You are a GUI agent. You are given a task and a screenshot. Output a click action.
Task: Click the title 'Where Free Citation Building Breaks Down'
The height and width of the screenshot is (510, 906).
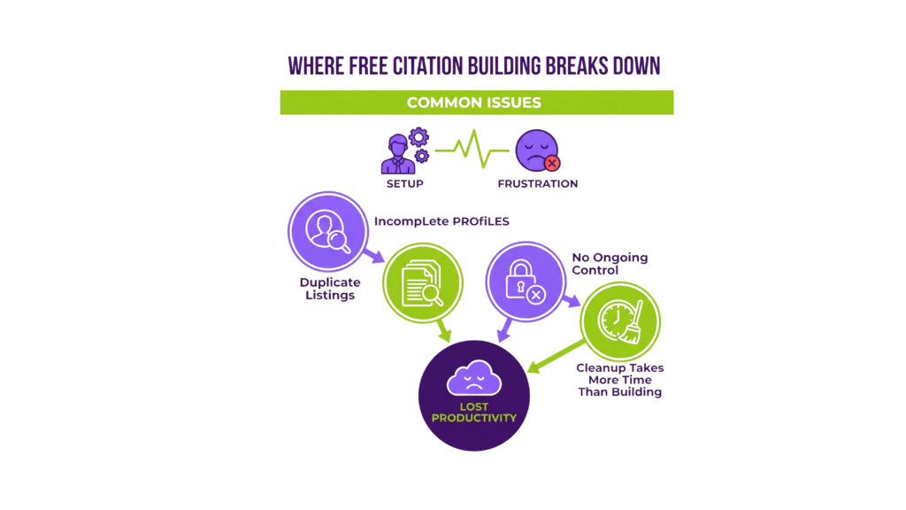[476, 67]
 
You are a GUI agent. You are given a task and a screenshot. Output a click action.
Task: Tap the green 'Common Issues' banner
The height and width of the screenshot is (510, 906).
[476, 103]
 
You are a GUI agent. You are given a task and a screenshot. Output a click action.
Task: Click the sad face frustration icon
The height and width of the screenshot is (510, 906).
[536, 151]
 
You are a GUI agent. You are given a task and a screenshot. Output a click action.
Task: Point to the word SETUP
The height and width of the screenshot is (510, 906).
[404, 184]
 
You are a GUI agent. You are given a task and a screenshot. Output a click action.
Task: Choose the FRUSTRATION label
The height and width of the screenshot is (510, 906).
[538, 184]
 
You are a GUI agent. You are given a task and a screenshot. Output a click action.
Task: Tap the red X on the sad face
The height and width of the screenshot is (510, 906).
[552, 163]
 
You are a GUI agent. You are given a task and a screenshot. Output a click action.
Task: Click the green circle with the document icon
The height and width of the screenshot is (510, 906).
[423, 283]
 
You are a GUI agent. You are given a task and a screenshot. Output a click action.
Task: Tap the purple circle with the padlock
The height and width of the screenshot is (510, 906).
[521, 280]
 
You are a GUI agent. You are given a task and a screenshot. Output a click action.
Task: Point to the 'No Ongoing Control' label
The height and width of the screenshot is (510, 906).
[610, 263]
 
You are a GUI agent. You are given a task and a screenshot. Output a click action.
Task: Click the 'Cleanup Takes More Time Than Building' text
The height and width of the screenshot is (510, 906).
[619, 379]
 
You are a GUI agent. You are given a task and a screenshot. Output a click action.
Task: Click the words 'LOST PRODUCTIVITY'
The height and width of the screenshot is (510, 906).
[474, 413]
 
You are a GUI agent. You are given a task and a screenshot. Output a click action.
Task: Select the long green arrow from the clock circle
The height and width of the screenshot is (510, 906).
[556, 355]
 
